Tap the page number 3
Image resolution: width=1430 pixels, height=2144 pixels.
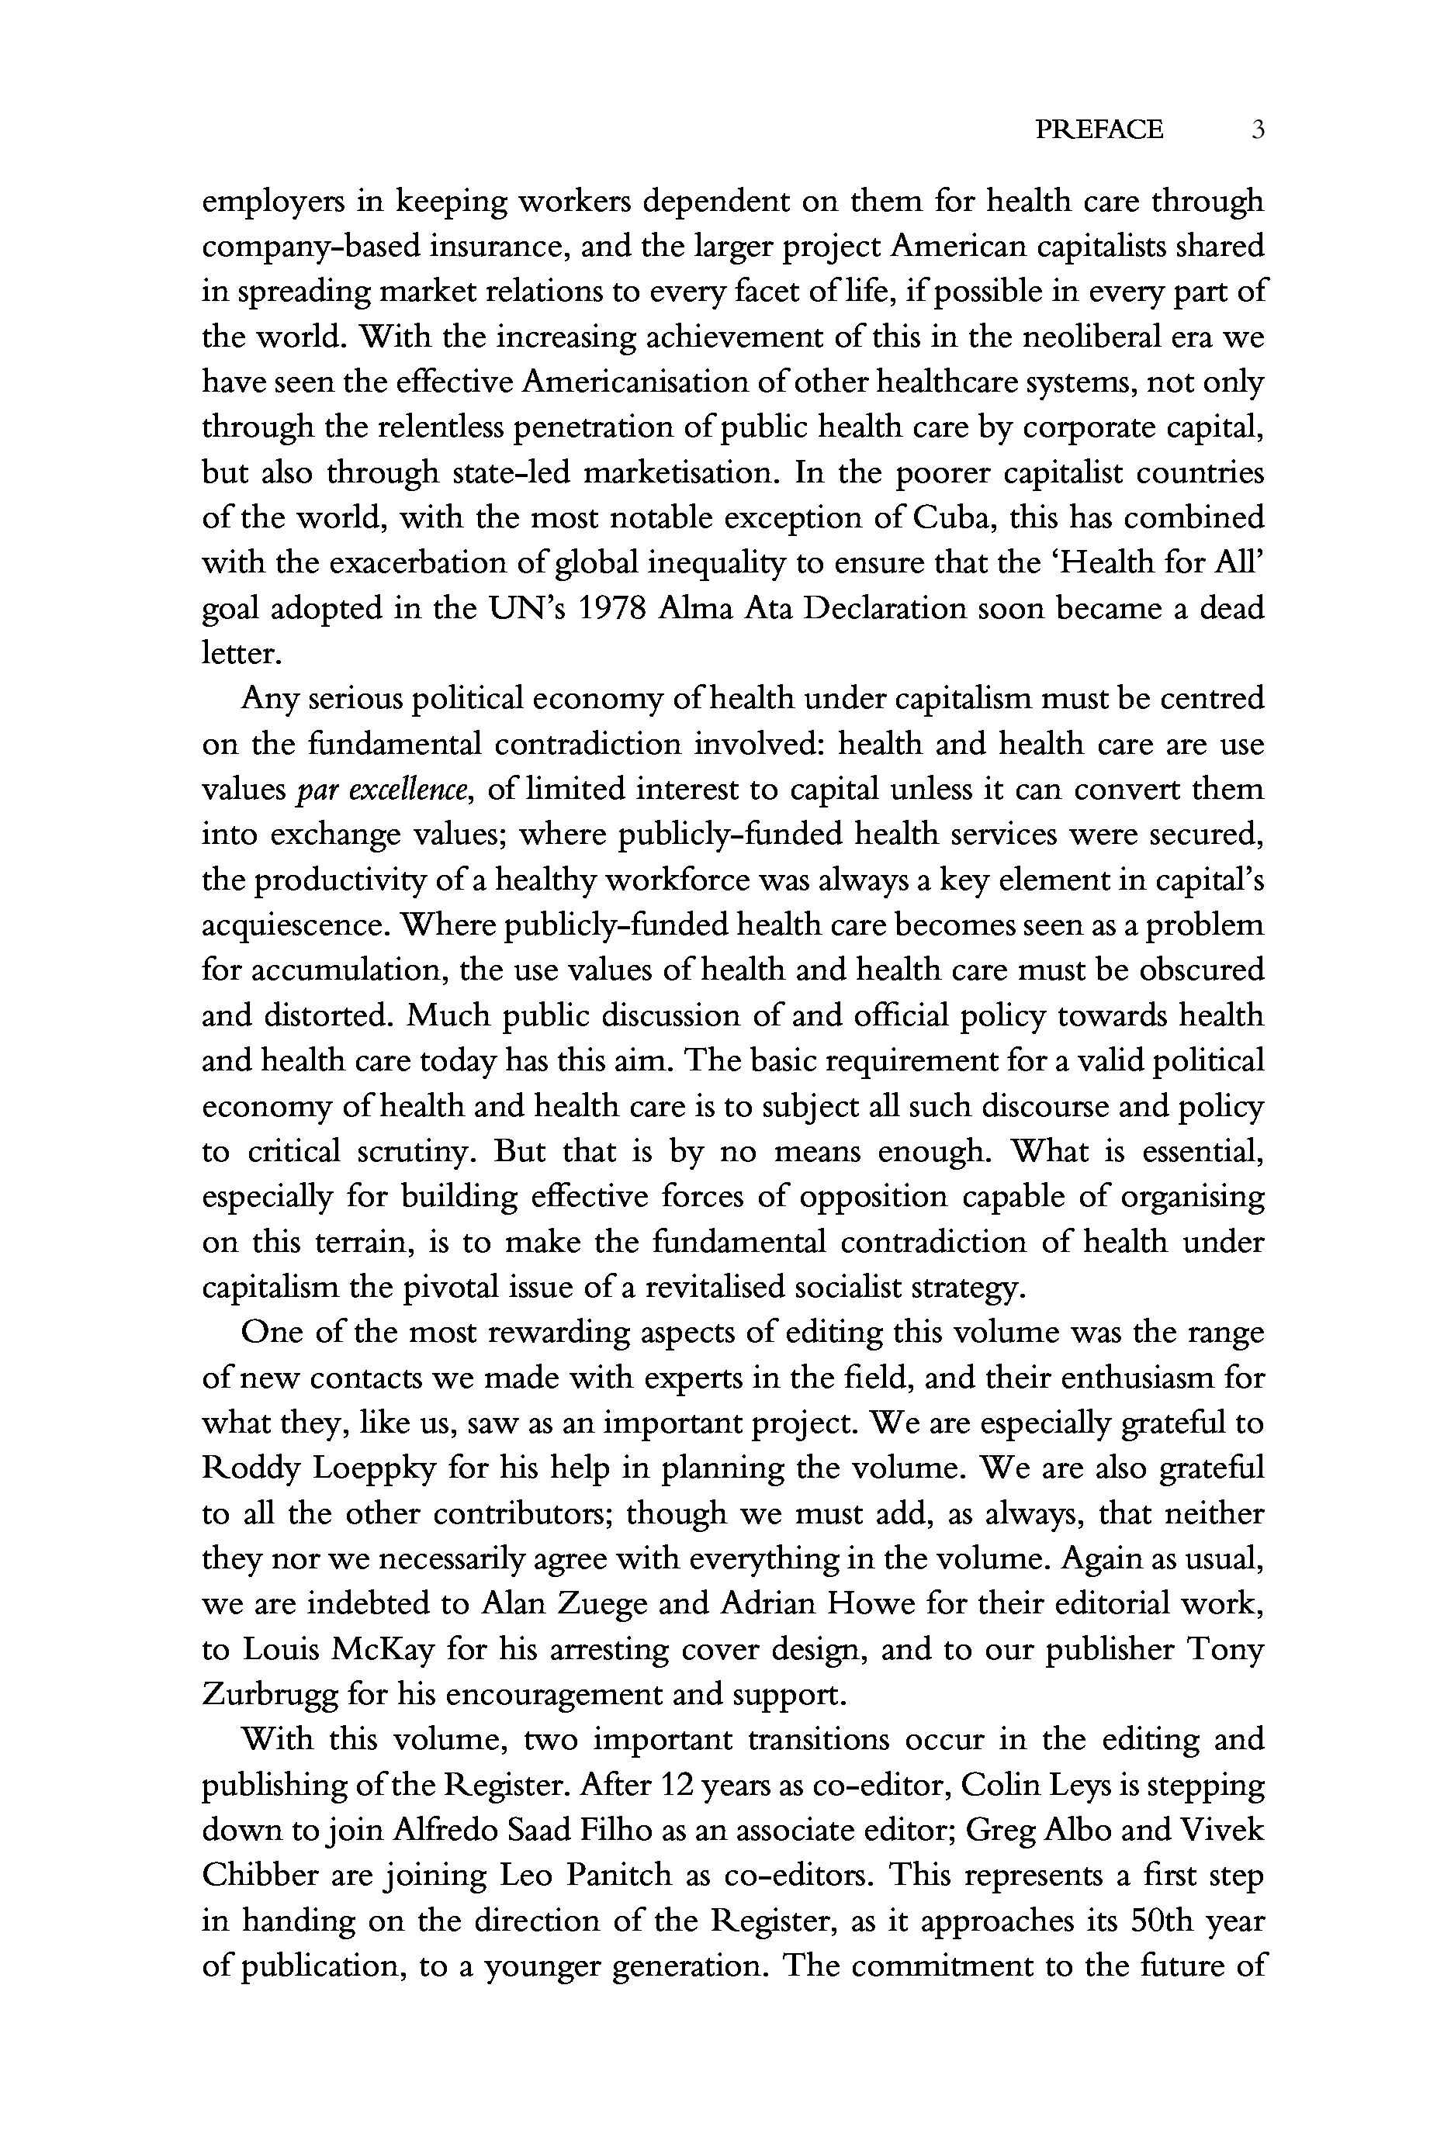click(x=1258, y=130)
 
